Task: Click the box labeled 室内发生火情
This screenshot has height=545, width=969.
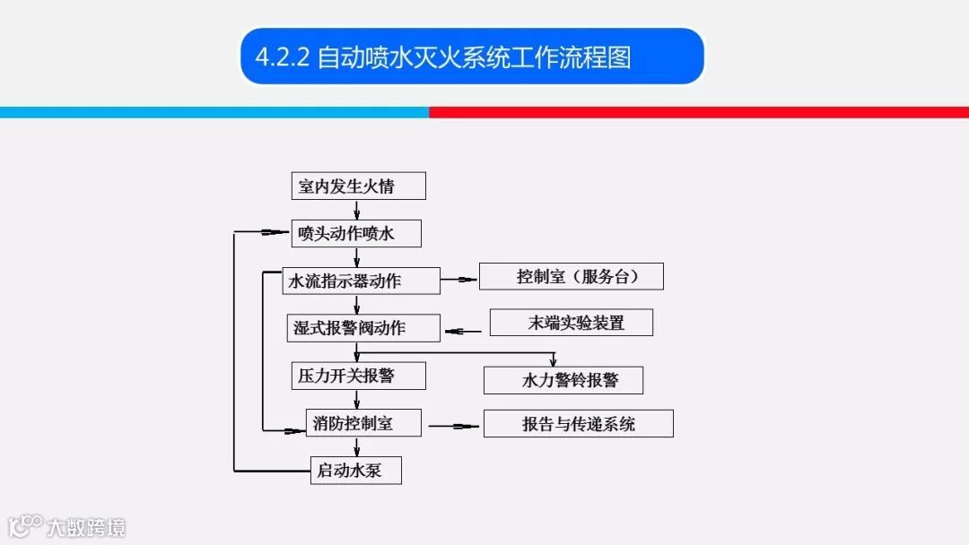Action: point(358,186)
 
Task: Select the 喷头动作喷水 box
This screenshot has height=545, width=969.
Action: point(356,234)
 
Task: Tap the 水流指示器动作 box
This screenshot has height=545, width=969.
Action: point(361,281)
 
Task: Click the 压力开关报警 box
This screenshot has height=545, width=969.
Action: point(358,376)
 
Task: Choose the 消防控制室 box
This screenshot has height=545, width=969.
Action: point(362,423)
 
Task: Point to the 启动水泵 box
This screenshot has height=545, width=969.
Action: point(356,470)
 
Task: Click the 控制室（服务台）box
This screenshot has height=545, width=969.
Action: point(571,276)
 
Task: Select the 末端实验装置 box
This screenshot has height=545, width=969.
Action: point(571,323)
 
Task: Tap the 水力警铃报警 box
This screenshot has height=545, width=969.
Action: point(563,380)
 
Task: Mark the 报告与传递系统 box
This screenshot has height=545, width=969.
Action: point(578,423)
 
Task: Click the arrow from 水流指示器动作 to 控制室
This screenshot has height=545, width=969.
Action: point(459,280)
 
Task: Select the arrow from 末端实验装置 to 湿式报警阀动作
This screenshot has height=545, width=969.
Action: point(465,332)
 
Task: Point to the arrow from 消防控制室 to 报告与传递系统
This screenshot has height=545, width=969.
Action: point(454,426)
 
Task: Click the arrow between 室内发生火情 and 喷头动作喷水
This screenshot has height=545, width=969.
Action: point(357,210)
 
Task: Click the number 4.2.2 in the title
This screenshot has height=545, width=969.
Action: point(282,56)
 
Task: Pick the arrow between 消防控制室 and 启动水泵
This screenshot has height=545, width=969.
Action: point(357,446)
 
